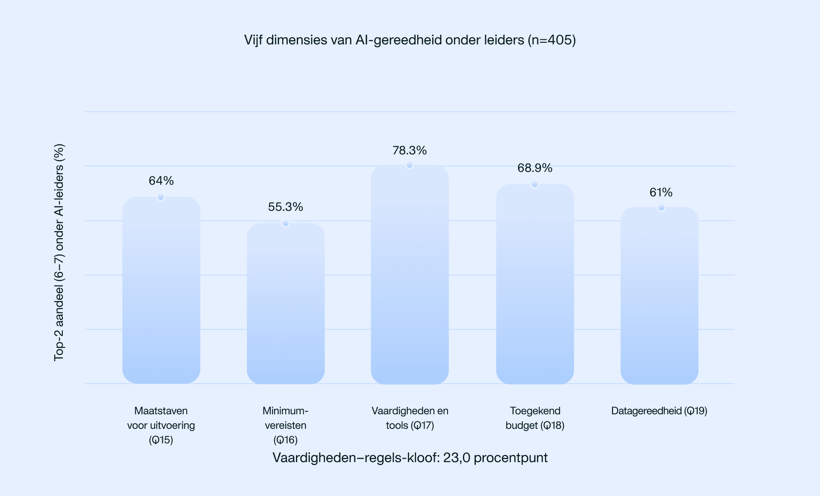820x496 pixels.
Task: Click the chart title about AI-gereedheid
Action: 410,40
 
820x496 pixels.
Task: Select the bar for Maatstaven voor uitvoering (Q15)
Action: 161,291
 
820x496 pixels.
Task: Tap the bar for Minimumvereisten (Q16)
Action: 286,304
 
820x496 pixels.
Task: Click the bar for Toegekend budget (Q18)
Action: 535,284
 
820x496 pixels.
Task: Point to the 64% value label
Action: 161,181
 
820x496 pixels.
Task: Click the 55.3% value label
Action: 286,207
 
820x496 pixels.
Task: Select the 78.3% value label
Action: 410,151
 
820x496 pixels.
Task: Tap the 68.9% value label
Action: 535,168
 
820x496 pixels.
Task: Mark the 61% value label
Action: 661,192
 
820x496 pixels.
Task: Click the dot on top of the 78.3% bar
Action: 410,165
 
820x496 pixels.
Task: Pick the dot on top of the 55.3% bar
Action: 286,223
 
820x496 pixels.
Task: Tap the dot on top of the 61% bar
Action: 661,208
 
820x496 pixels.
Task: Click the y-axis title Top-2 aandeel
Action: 59,252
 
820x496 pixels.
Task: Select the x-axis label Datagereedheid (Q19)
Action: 659,411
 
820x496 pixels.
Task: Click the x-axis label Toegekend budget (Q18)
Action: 535,418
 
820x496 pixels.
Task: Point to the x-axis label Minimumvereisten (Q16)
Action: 285,425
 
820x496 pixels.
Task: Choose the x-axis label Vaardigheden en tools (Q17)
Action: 410,418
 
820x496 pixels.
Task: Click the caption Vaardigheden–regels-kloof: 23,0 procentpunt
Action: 410,458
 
